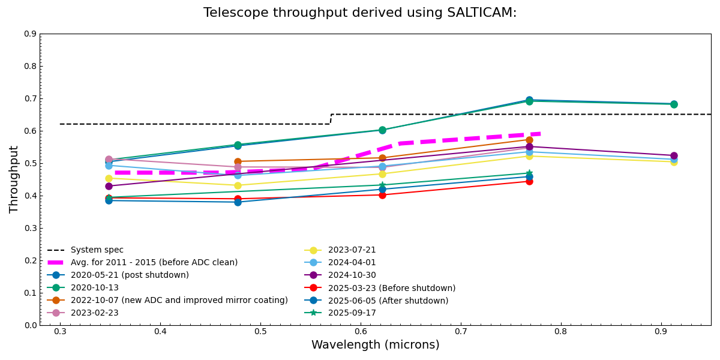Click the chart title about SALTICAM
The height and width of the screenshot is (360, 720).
(360, 13)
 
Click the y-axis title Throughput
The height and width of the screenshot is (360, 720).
(14, 179)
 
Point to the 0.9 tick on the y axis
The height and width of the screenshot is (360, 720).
(30, 34)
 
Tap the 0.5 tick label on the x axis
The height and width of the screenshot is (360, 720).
(260, 331)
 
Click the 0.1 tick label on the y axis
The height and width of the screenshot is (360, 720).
(30, 293)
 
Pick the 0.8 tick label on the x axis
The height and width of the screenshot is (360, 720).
(560, 331)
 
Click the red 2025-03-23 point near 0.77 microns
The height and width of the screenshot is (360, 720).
(529, 181)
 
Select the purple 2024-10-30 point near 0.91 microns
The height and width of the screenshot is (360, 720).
(674, 156)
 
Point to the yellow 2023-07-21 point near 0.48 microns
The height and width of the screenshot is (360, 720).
(238, 185)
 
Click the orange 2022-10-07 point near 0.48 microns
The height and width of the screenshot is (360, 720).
(238, 161)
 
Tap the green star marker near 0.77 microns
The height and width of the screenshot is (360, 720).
(529, 173)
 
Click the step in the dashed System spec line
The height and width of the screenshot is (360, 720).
(331, 119)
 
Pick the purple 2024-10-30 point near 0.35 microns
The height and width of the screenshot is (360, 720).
(109, 186)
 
